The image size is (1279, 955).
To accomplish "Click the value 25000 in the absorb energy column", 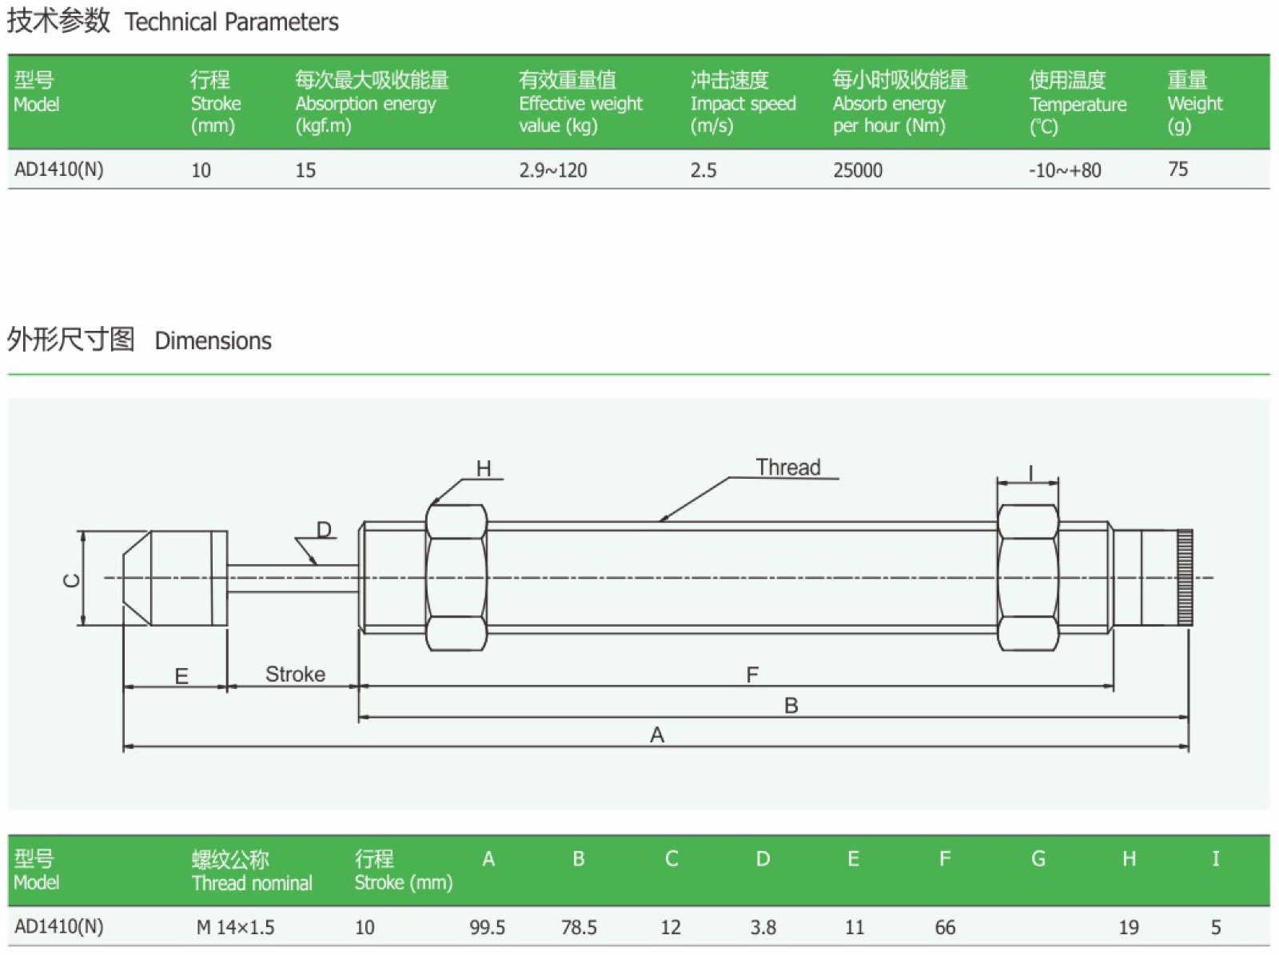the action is pyautogui.click(x=857, y=170).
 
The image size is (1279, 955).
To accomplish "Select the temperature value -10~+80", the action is pyautogui.click(x=1065, y=170).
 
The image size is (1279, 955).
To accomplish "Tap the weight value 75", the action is pyautogui.click(x=1177, y=169).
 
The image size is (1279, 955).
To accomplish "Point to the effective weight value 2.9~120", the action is pyautogui.click(x=552, y=170).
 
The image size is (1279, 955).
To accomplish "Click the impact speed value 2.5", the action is pyautogui.click(x=703, y=170).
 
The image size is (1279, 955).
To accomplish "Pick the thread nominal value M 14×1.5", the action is pyautogui.click(x=235, y=926).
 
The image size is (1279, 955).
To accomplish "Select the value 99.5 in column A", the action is pyautogui.click(x=487, y=926).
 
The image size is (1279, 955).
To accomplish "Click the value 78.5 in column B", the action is pyautogui.click(x=579, y=926).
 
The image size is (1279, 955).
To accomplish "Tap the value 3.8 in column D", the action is pyautogui.click(x=763, y=926).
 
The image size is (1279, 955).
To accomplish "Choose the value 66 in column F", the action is pyautogui.click(x=945, y=926).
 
